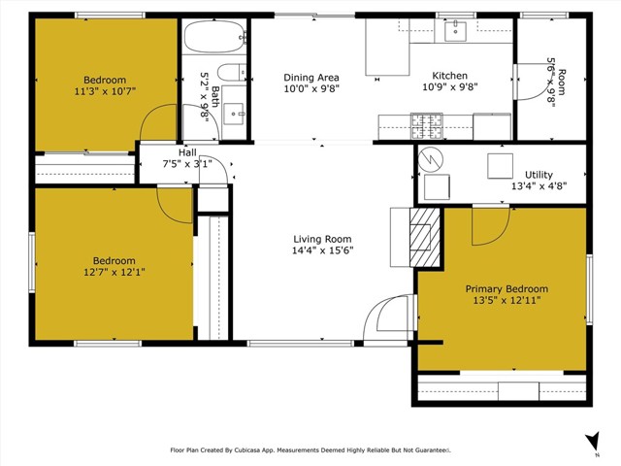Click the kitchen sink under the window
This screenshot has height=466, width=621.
455,31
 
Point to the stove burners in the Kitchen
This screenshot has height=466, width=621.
427,126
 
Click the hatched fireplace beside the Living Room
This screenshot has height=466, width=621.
424,237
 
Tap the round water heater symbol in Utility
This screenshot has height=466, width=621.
431,159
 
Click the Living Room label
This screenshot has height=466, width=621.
322,239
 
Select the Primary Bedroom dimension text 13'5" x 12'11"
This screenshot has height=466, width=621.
507,300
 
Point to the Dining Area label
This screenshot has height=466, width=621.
311,78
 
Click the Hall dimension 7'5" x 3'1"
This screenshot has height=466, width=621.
187,163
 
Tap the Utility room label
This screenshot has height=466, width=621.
539,175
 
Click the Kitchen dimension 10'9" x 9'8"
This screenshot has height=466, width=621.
450,86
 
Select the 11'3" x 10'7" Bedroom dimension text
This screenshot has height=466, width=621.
105,91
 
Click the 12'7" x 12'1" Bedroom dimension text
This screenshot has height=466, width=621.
114,272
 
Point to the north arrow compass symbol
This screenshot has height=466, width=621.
593,441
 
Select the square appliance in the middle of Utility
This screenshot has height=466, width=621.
501,166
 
